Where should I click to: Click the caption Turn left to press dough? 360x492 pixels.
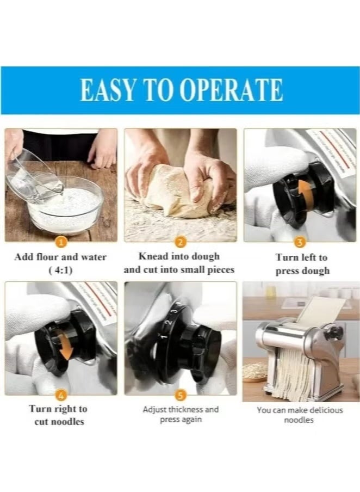302,264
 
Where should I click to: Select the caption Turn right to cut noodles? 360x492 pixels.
58,415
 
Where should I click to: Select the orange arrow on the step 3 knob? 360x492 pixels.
306,191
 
